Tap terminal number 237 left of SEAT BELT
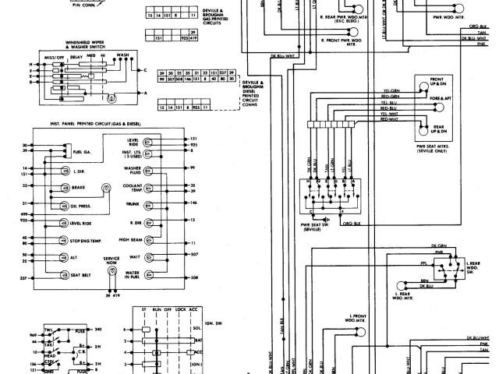pos(23,277)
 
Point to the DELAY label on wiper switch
pos(76,57)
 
